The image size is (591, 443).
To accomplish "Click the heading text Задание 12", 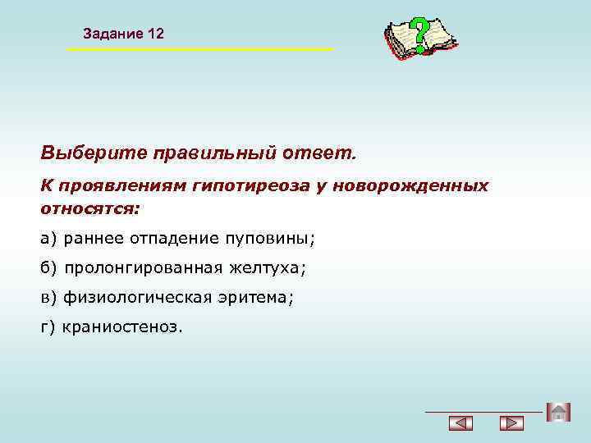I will [123, 34].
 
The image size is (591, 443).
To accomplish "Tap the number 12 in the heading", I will [156, 34].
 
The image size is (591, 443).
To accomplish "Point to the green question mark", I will [420, 34].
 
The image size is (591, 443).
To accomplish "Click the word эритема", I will [257, 298].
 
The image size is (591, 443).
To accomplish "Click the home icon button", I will [558, 412].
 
